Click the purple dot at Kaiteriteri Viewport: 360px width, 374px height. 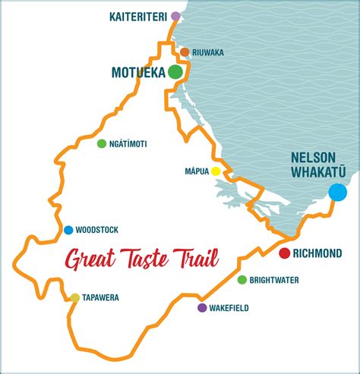(175, 16)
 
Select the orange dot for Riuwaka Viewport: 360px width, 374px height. (185, 52)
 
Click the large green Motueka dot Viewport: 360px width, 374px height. (175, 72)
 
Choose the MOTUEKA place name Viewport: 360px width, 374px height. (138, 73)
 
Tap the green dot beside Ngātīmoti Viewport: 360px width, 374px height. (101, 143)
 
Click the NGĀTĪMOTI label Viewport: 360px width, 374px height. (127, 143)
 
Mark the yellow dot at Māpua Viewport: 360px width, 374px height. (216, 171)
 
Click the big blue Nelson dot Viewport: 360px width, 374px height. (336, 192)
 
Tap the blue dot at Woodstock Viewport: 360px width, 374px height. (68, 230)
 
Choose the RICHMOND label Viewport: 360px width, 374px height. (319, 254)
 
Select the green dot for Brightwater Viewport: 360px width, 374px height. (242, 280)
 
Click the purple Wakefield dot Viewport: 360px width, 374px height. (201, 308)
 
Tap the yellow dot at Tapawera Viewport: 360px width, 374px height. (74, 298)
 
